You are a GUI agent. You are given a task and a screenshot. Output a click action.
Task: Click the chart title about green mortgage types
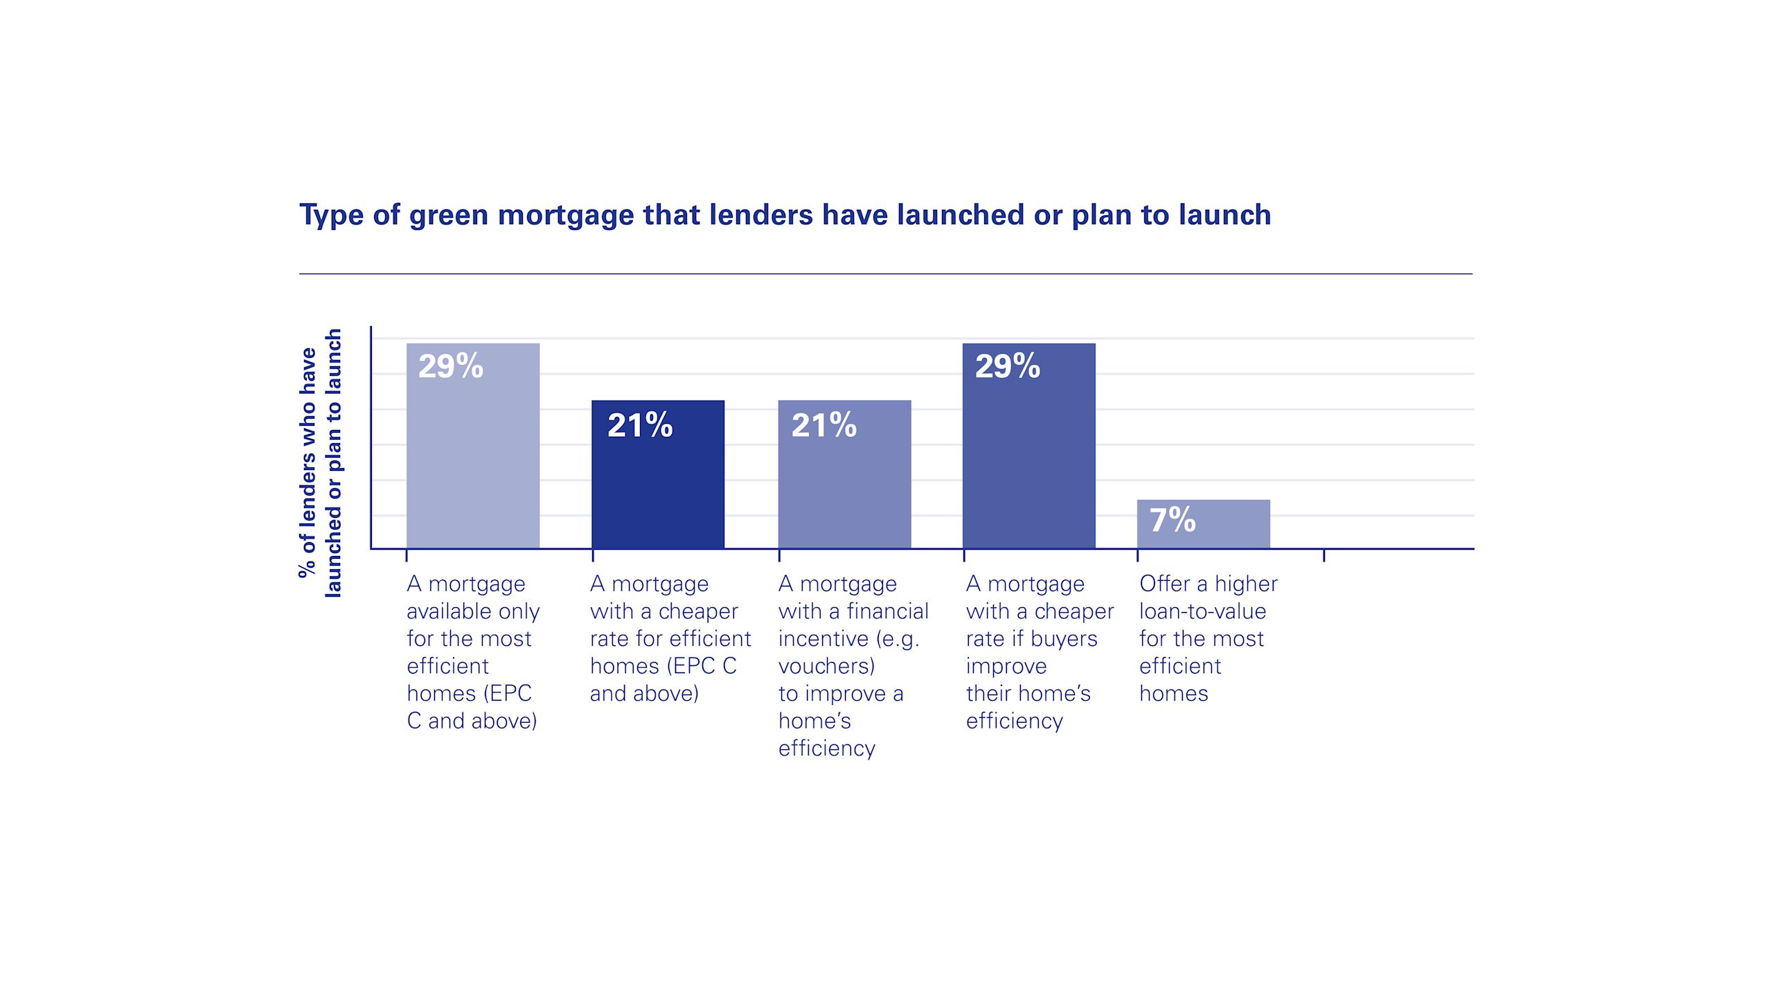click(x=785, y=215)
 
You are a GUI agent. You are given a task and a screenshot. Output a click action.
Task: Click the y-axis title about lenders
click(x=320, y=462)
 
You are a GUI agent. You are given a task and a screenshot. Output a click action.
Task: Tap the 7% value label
click(x=1173, y=520)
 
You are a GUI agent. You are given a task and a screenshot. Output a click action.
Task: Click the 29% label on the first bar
click(x=451, y=366)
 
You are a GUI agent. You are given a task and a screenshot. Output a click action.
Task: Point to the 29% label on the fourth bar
click(x=1008, y=366)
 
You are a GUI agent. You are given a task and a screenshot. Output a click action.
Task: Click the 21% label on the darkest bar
click(x=640, y=425)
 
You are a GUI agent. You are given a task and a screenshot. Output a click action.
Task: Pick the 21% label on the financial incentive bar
click(x=824, y=425)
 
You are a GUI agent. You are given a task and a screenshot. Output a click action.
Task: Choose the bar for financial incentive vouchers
click(x=844, y=492)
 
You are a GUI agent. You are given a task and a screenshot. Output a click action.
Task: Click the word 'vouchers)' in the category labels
click(x=826, y=666)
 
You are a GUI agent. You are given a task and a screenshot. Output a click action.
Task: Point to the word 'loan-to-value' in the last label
click(x=1202, y=611)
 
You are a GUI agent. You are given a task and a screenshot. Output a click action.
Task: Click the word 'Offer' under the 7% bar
click(x=1164, y=584)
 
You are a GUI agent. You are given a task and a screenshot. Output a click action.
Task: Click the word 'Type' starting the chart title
click(x=332, y=216)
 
